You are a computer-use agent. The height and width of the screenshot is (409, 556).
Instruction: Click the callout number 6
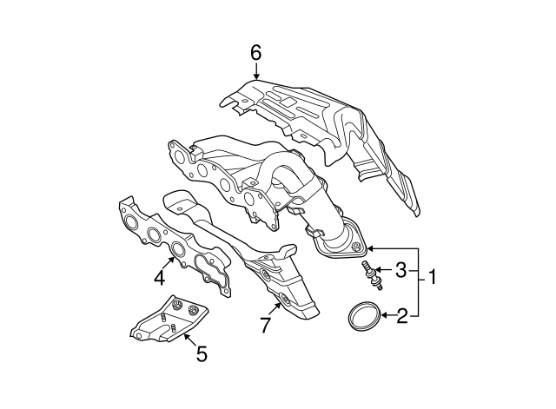pyautogui.click(x=255, y=53)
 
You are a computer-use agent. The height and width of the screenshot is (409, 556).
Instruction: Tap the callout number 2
pyautogui.click(x=401, y=315)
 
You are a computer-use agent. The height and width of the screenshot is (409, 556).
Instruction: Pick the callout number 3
pyautogui.click(x=401, y=271)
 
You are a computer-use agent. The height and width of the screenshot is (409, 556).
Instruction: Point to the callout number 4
pyautogui.click(x=160, y=278)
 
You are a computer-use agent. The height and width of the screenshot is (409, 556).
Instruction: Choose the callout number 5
pyautogui.click(x=202, y=353)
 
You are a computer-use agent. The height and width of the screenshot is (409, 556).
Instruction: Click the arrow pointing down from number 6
pyautogui.click(x=255, y=71)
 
